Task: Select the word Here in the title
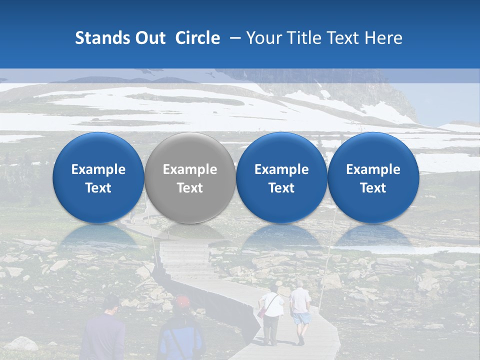[384, 38]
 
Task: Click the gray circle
[190, 178]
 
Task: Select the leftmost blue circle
[98, 178]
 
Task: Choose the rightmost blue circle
[373, 178]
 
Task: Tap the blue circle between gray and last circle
[281, 178]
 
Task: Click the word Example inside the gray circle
[190, 169]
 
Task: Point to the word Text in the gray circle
[190, 188]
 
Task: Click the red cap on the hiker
[182, 301]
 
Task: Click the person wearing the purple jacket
[104, 332]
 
